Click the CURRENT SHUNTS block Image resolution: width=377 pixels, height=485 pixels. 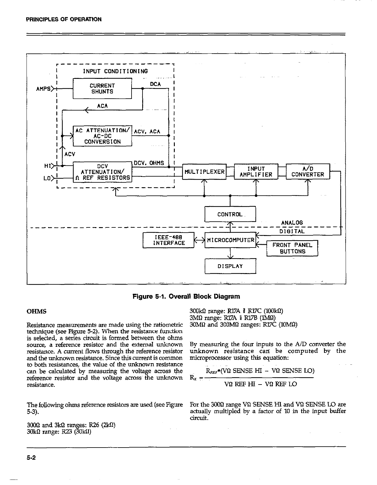pyautogui.click(x=102, y=89)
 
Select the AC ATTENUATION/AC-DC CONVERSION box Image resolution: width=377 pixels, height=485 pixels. pyautogui.click(x=102, y=136)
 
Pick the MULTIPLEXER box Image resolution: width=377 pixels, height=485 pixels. pyautogui.click(x=203, y=172)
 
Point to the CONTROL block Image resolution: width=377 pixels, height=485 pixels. pyautogui.click(x=230, y=214)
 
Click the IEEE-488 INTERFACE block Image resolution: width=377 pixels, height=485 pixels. pyautogui.click(x=168, y=240)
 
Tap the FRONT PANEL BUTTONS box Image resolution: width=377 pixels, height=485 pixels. pyautogui.click(x=292, y=248)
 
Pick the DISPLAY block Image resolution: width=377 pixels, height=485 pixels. pyautogui.click(x=230, y=266)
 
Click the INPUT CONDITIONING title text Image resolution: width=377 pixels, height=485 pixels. pyautogui.click(x=115, y=71)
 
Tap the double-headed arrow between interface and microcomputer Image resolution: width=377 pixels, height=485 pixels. pyautogui.click(x=199, y=241)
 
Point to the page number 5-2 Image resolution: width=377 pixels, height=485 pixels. pyautogui.click(x=31, y=458)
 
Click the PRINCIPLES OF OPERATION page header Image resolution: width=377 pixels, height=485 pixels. pyautogui.click(x=64, y=19)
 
